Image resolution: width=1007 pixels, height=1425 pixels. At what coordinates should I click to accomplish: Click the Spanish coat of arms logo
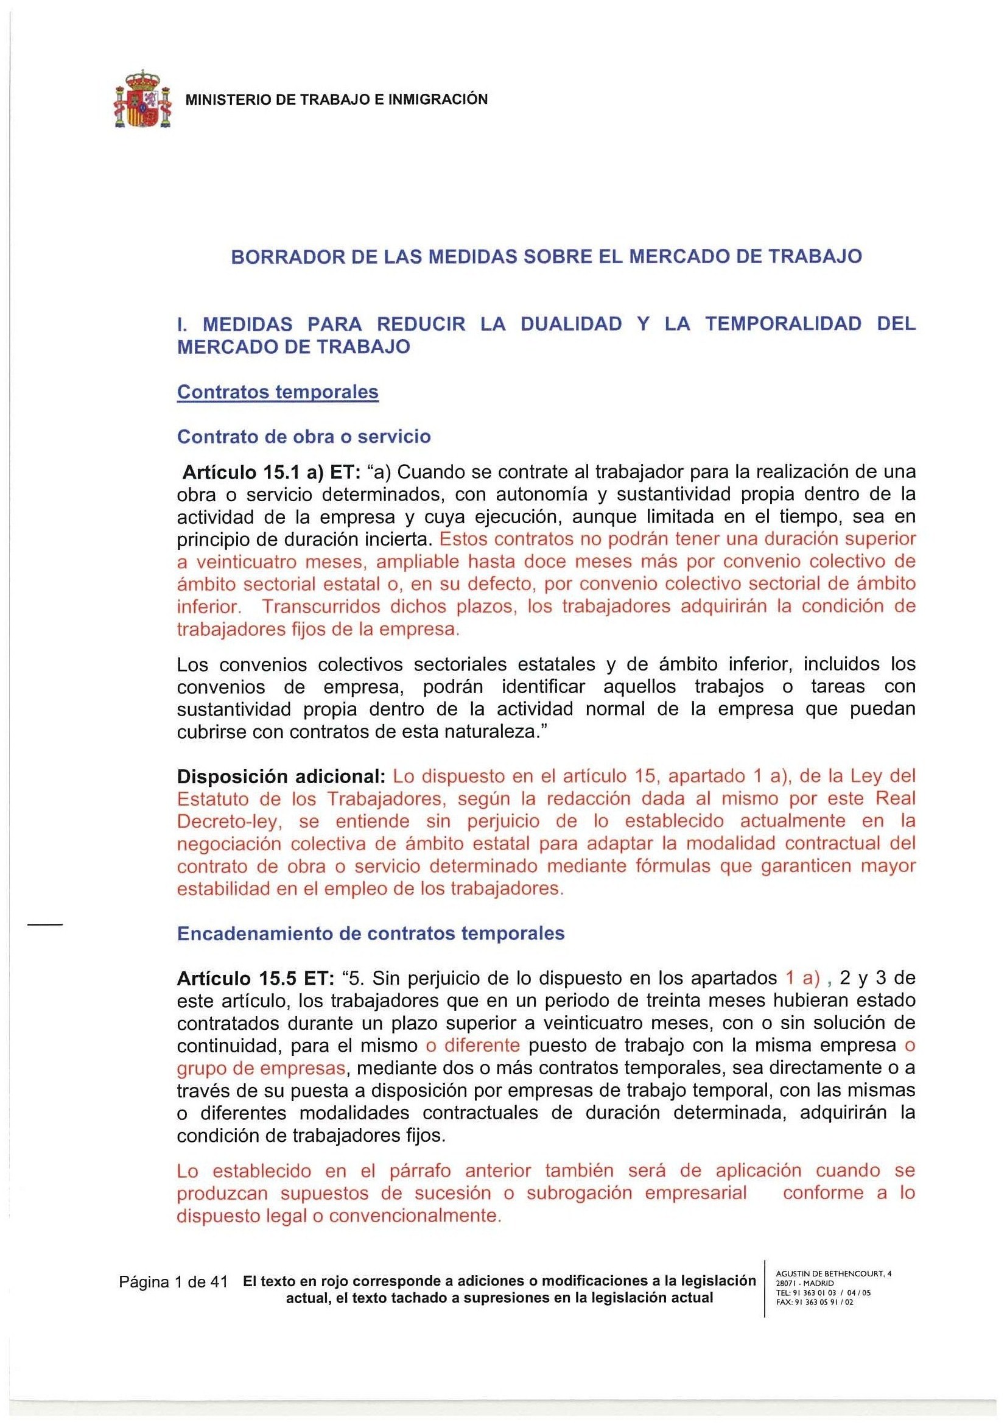pyautogui.click(x=142, y=99)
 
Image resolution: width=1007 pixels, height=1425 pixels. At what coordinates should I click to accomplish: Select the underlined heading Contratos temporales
pyautogui.click(x=278, y=392)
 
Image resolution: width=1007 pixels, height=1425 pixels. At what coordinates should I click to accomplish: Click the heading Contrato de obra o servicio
pyautogui.click(x=303, y=436)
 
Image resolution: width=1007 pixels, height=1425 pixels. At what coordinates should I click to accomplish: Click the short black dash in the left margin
pyautogui.click(x=44, y=926)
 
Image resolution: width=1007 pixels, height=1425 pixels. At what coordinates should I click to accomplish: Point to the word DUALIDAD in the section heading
pyautogui.click(x=571, y=324)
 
